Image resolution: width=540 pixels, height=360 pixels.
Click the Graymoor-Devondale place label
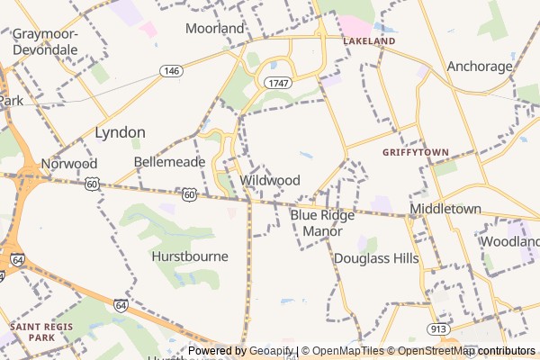45,41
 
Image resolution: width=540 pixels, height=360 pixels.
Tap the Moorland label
215,28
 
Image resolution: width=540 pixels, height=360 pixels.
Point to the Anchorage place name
480,66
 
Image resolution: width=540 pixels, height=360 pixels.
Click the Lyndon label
120,132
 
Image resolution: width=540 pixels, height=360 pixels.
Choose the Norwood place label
68,164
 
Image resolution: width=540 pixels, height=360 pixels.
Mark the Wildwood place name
270,180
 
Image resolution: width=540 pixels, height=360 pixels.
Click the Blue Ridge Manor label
322,223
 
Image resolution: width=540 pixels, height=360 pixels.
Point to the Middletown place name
445,209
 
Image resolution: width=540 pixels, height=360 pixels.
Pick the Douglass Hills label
376,258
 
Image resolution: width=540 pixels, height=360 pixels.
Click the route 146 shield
170,70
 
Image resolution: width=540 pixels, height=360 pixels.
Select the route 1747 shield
276,82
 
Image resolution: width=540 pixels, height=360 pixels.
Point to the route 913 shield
439,329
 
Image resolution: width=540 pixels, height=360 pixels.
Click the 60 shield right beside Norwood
93,184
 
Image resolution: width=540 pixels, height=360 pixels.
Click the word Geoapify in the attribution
272,351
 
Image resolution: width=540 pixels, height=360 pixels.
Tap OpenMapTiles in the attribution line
349,351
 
